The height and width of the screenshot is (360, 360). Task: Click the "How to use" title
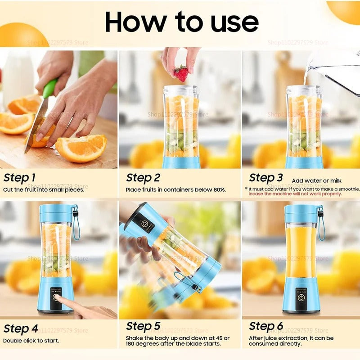tap(182, 22)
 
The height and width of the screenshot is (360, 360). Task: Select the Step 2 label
tap(143, 178)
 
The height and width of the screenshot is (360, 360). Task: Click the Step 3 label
tap(266, 178)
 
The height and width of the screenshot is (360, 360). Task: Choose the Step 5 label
tap(143, 326)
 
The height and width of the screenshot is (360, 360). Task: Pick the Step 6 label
tap(266, 326)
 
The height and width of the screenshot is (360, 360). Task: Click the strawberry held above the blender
tap(181, 73)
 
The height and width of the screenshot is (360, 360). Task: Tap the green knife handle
tap(50, 88)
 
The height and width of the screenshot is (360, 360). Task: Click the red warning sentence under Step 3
tap(295, 194)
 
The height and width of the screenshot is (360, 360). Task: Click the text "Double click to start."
tap(31, 340)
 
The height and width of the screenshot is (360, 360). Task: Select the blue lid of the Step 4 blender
tap(56, 213)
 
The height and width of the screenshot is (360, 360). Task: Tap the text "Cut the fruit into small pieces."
tap(44, 189)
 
